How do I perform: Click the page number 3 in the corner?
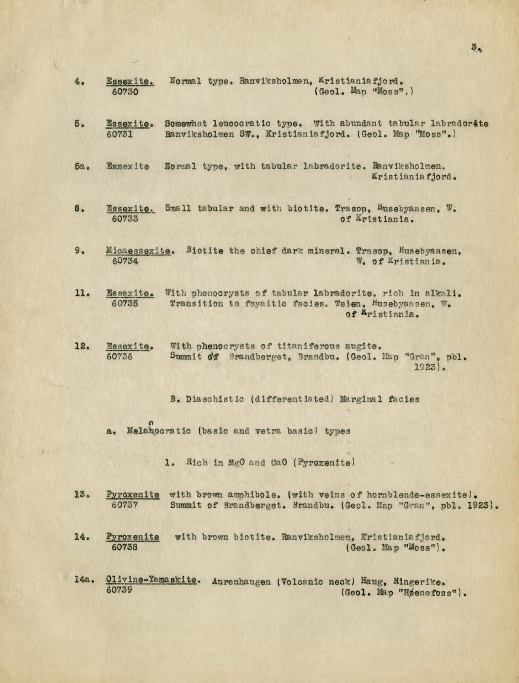coord(475,48)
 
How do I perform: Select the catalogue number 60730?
coord(125,92)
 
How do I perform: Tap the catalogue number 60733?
coord(125,218)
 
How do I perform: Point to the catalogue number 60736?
coord(119,356)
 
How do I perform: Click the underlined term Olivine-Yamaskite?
coord(152,580)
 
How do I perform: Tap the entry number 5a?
coord(82,167)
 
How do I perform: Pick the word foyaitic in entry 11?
coord(268,303)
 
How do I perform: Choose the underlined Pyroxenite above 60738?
coord(133,537)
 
